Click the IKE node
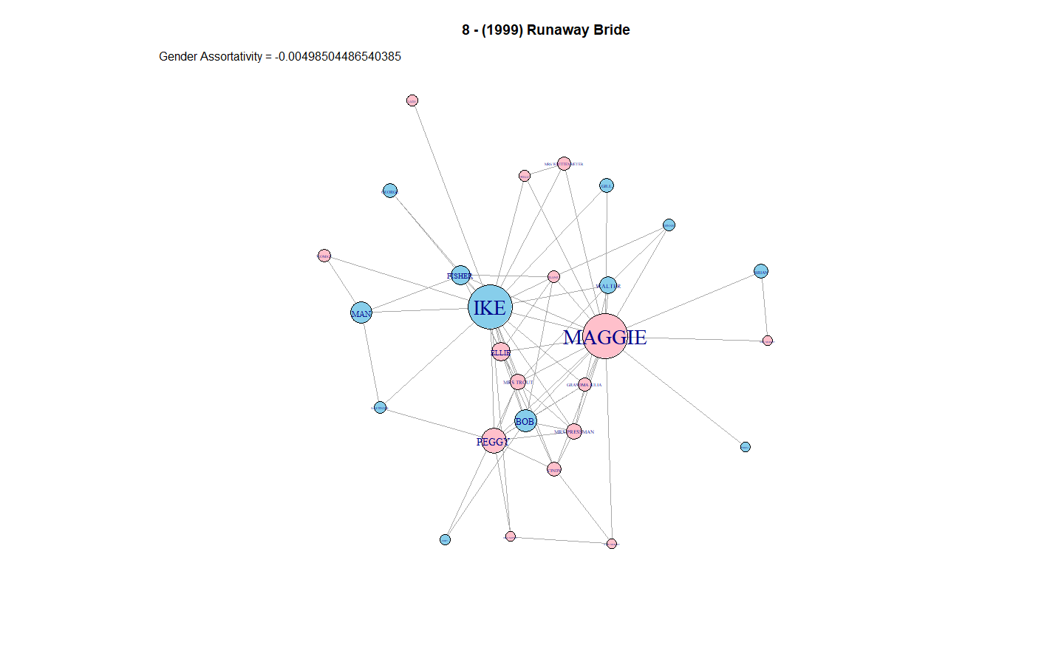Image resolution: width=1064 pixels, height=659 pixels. [490, 307]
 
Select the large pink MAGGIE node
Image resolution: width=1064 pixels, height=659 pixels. [605, 336]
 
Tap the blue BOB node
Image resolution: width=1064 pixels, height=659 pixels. [525, 421]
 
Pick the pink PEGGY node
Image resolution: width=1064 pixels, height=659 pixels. [494, 441]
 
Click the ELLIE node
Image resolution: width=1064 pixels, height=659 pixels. [501, 352]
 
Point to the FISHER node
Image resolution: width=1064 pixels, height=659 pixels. [460, 276]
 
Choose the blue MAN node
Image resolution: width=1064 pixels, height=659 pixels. [361, 313]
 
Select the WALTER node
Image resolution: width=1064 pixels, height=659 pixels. [608, 285]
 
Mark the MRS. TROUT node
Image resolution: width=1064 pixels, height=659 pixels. [518, 382]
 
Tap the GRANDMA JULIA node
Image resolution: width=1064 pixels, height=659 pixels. [584, 384]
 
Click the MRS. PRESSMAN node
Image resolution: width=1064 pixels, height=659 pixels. [574, 431]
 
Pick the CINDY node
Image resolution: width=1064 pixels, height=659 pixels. [554, 469]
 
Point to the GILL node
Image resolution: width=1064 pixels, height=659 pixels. [607, 185]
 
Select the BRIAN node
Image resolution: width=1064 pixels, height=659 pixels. [761, 271]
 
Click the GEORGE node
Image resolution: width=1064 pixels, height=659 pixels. [390, 191]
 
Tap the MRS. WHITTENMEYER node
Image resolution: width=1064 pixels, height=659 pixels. [565, 164]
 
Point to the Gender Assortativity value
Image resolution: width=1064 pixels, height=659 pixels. [338, 57]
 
